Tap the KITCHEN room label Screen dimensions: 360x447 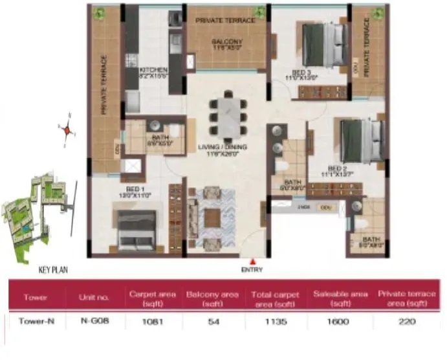pos(153,70)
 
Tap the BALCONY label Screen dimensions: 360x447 pos(226,42)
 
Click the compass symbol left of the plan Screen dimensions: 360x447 pos(66,129)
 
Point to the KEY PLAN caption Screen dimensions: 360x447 pos(53,270)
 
